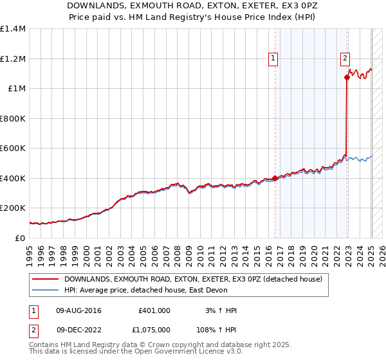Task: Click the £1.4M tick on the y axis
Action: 13,29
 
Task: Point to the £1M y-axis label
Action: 17,88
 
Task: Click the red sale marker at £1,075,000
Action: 347,77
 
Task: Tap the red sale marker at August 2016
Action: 275,178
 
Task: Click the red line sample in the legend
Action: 44,279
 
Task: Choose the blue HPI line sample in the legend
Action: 44,291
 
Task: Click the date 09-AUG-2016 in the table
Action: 78,310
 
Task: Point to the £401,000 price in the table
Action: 154,310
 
